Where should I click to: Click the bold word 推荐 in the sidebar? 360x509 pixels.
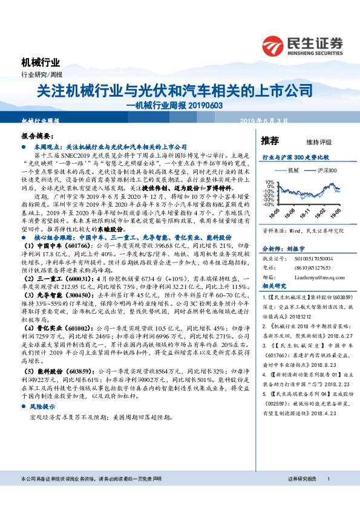click(270, 140)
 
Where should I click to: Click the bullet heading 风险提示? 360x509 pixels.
click(42, 408)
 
